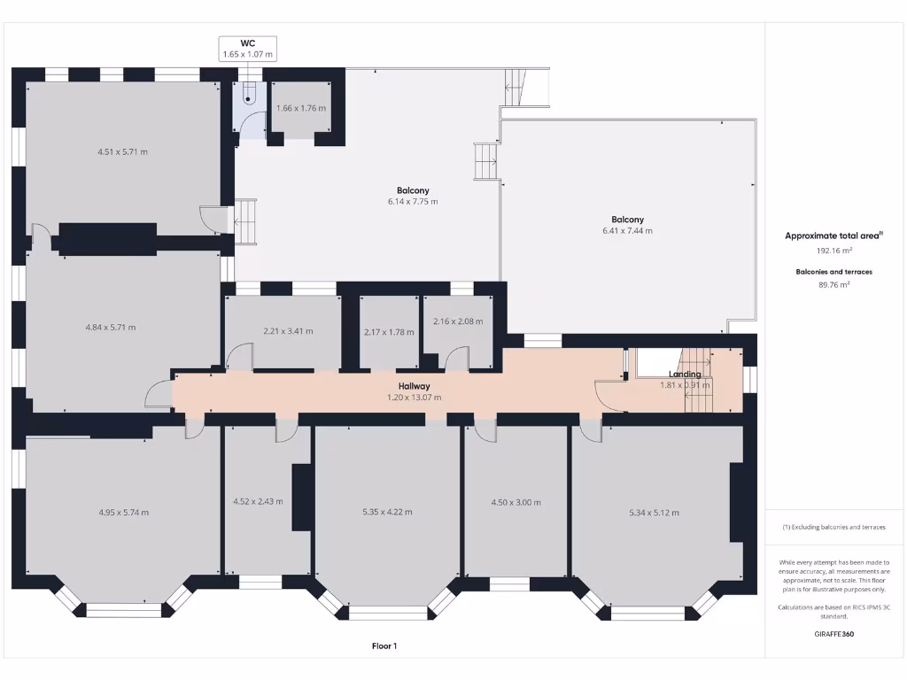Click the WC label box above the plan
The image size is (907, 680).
tap(248, 49)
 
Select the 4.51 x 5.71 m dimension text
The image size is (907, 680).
tap(122, 151)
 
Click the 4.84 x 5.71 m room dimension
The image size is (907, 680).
tap(111, 328)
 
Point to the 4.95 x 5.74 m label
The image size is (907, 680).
tap(123, 512)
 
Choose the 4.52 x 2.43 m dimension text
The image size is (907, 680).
tap(258, 501)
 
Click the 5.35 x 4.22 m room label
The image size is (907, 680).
tap(387, 512)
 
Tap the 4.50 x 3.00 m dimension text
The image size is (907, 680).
tap(516, 502)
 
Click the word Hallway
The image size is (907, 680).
tap(414, 386)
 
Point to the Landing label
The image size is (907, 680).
tap(685, 375)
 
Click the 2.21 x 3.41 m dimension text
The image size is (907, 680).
tap(288, 331)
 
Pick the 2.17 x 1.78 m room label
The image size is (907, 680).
tap(389, 332)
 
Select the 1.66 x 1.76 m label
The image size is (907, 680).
tap(301, 108)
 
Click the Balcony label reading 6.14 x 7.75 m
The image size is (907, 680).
tap(413, 196)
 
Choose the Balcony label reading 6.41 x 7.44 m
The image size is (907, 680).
tap(627, 225)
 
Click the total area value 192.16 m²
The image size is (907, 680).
tap(833, 251)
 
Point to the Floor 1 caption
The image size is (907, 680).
tap(384, 646)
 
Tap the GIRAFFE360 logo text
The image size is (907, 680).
tap(833, 634)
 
